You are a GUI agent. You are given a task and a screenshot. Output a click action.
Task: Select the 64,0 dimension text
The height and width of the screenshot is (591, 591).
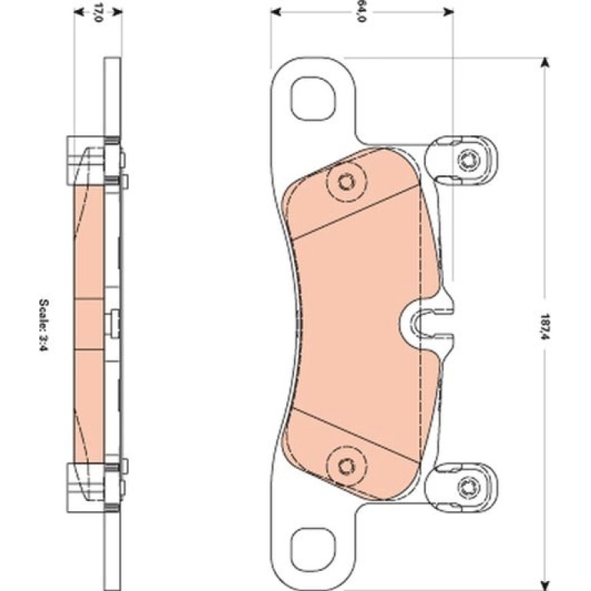(360, 12)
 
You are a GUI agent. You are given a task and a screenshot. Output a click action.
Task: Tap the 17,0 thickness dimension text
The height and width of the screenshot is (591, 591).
(98, 12)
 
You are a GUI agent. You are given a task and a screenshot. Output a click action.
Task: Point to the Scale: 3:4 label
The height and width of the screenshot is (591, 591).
(44, 325)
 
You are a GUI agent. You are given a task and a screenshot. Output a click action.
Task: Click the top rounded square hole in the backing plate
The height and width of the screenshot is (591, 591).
(313, 99)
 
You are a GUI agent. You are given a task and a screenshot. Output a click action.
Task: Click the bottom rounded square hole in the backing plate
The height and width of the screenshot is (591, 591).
(313, 550)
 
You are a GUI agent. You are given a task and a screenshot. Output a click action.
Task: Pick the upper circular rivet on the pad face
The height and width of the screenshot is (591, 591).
(346, 183)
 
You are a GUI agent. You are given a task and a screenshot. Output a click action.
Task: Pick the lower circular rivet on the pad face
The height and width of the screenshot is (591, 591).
(346, 467)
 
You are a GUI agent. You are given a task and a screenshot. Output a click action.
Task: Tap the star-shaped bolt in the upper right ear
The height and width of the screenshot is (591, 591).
(469, 160)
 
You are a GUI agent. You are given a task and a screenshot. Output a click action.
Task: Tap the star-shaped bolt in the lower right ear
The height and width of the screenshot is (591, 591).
(469, 487)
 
